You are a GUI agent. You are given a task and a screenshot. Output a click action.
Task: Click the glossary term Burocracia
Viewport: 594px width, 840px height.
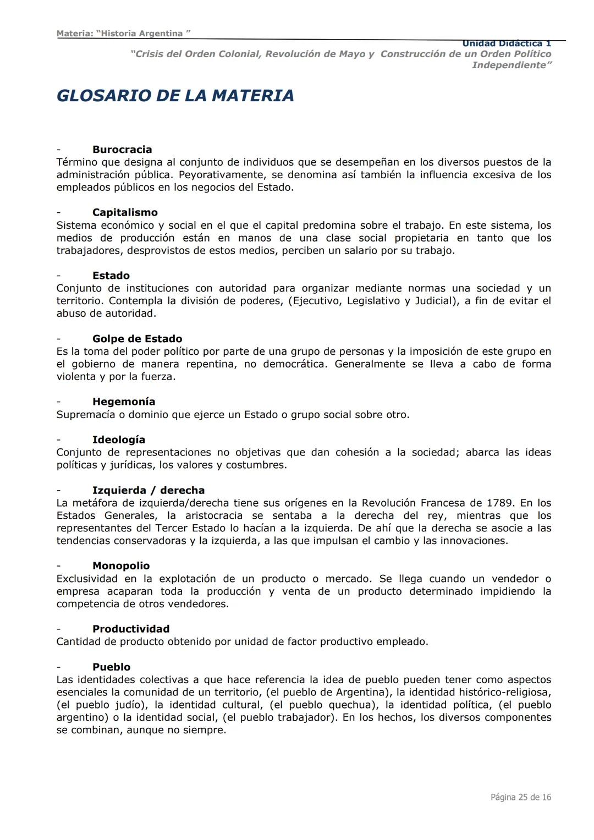pyautogui.click(x=122, y=150)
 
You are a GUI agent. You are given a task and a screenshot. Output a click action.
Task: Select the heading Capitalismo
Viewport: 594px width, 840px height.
pyautogui.click(x=125, y=212)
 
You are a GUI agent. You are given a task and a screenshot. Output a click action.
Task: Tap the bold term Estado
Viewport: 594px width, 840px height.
pyautogui.click(x=111, y=276)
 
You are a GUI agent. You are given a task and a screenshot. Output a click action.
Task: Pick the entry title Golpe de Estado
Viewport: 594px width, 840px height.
pyautogui.click(x=137, y=339)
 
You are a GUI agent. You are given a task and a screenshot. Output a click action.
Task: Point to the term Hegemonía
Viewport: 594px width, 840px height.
pyautogui.click(x=124, y=402)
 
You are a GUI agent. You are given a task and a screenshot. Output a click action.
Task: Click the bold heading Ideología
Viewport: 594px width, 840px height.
pyautogui.click(x=119, y=440)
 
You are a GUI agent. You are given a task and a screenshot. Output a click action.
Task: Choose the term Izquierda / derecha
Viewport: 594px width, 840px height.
pyautogui.click(x=148, y=490)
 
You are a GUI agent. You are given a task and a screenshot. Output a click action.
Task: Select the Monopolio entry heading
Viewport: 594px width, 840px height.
pyautogui.click(x=121, y=566)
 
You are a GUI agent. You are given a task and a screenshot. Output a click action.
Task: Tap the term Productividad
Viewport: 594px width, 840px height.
pyautogui.click(x=131, y=629)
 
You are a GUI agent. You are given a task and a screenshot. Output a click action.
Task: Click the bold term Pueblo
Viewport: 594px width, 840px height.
pyautogui.click(x=112, y=667)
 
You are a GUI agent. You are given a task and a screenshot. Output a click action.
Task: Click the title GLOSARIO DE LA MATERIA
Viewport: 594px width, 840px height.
pyautogui.click(x=175, y=96)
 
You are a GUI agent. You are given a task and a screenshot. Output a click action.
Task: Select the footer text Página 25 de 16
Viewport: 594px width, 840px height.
pyautogui.click(x=520, y=797)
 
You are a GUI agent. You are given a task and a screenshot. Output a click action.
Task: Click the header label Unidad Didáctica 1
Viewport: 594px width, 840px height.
pyautogui.click(x=506, y=43)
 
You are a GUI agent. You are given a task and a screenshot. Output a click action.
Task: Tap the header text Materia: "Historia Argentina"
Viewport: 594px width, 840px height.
pyautogui.click(x=123, y=34)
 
